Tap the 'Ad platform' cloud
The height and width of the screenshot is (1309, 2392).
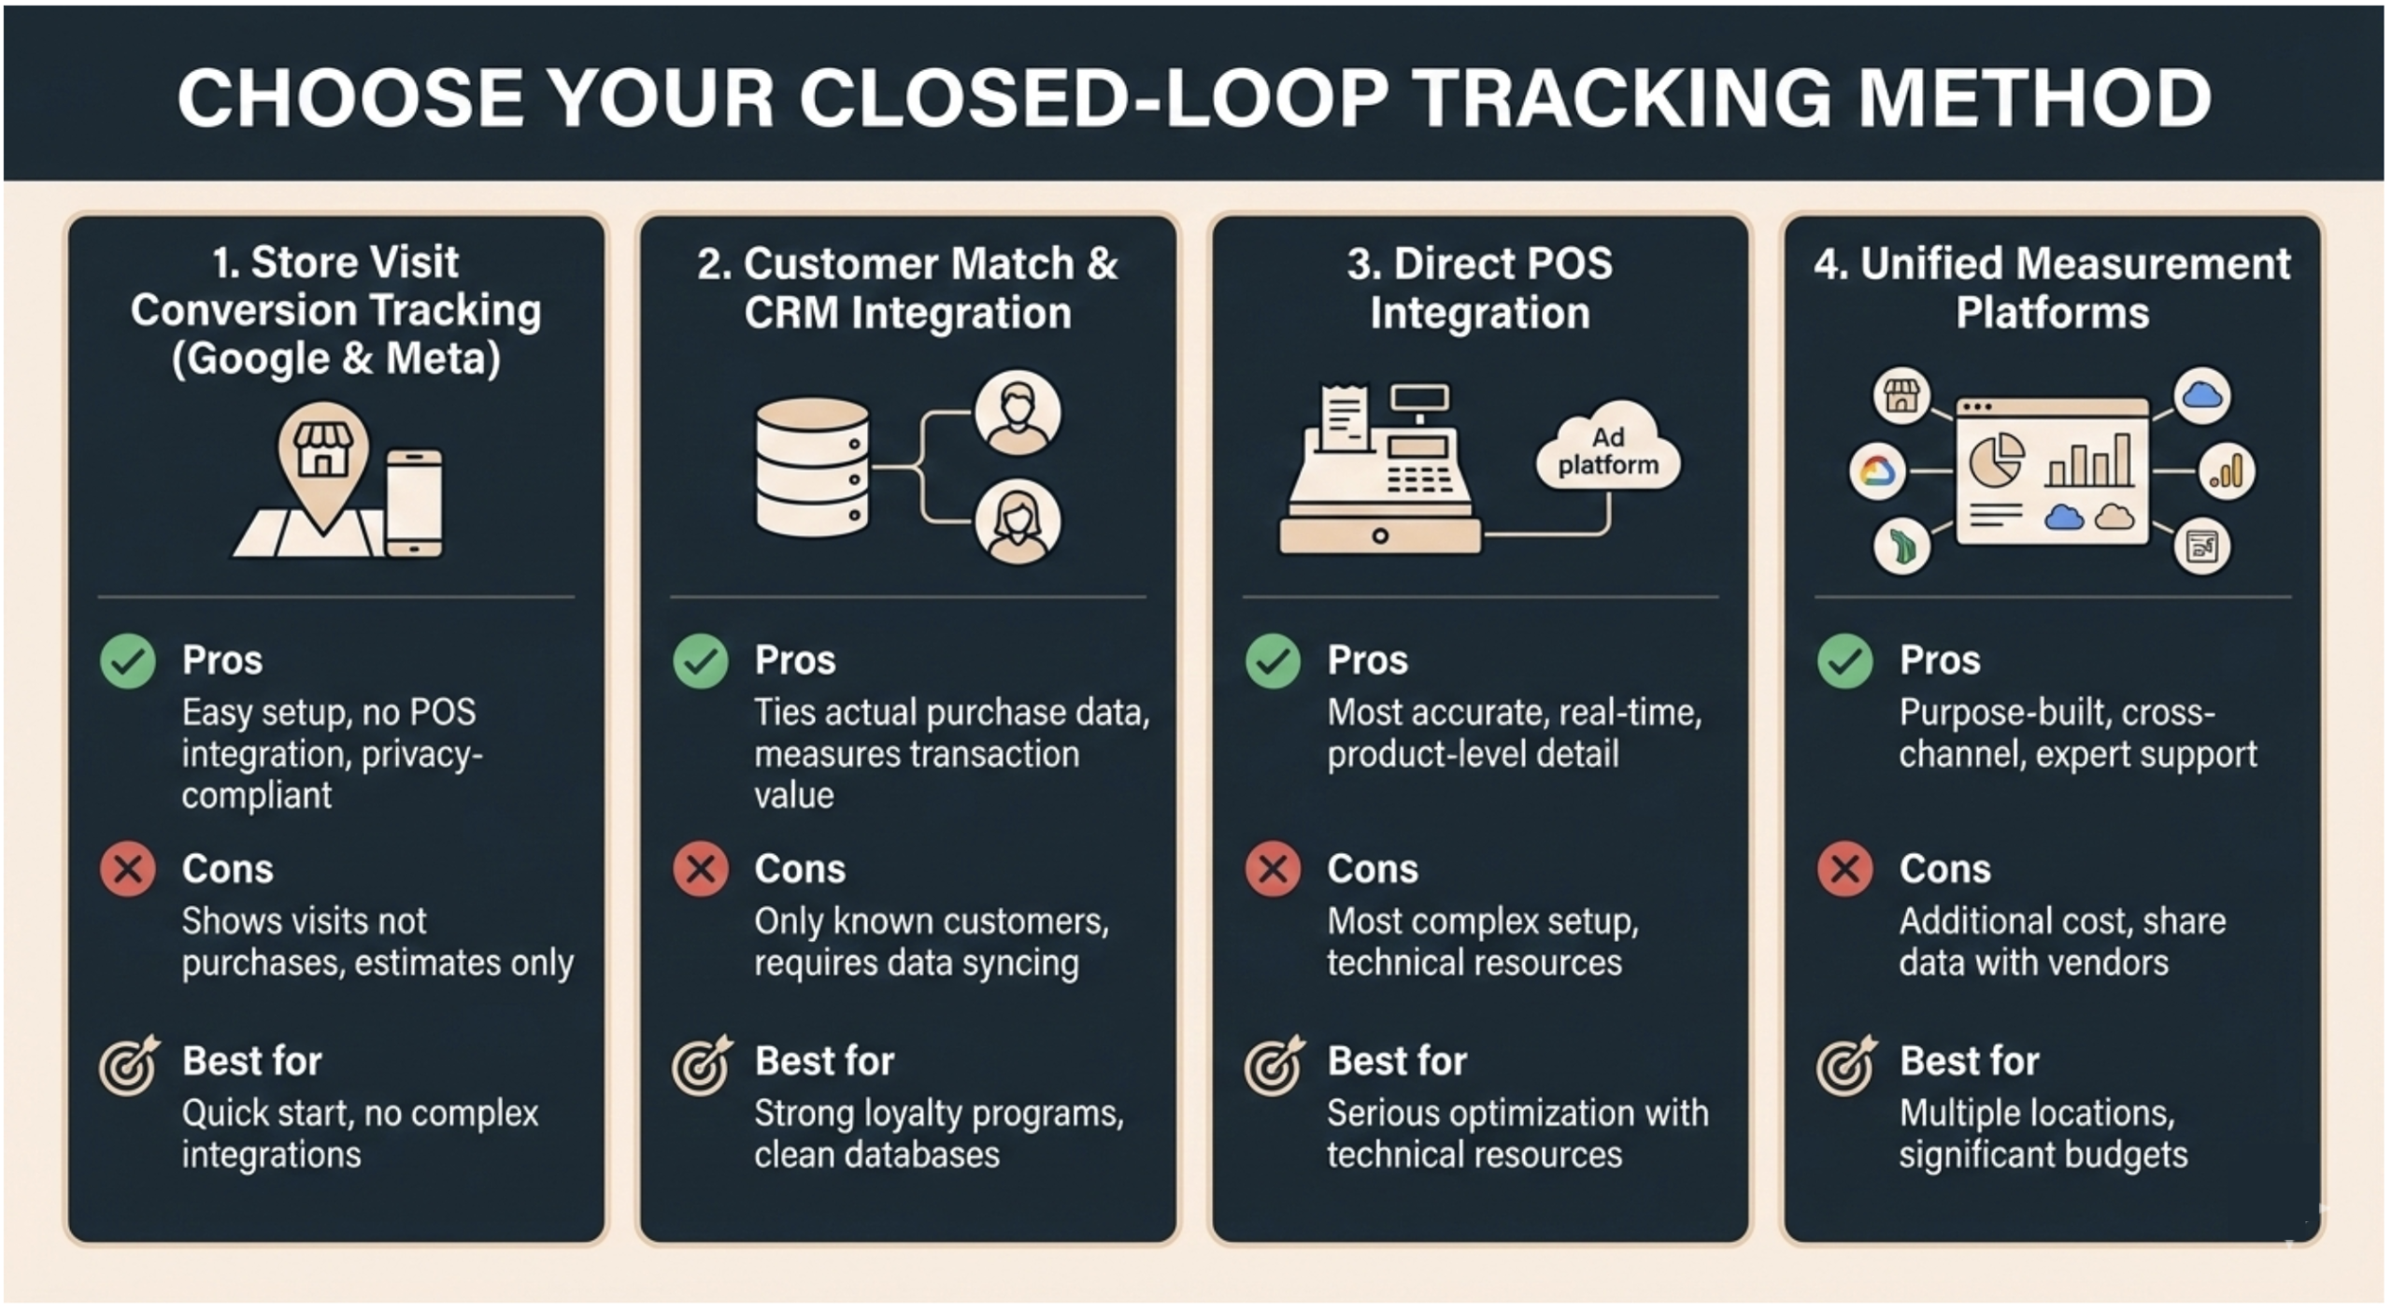click(1607, 450)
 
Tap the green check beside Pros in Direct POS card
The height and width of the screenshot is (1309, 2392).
click(1272, 661)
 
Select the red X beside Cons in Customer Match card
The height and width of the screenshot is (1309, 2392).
click(700, 869)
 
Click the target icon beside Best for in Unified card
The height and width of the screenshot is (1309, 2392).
click(1844, 1065)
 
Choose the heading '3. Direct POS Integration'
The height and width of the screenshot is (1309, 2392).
click(1479, 288)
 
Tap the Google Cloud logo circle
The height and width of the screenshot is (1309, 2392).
click(1876, 471)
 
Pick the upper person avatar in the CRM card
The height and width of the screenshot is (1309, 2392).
click(1017, 413)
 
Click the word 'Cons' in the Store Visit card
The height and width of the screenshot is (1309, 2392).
click(227, 869)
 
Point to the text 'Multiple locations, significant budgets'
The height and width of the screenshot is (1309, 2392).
click(2043, 1133)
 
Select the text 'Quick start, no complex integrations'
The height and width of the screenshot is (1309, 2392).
click(360, 1133)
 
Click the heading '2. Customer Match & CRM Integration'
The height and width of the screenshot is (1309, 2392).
click(907, 288)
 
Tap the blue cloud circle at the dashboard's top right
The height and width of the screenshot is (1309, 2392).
click(2201, 395)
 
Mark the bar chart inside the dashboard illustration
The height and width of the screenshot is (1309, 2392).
click(2089, 460)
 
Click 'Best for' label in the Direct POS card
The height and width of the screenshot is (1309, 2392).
click(1397, 1060)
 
